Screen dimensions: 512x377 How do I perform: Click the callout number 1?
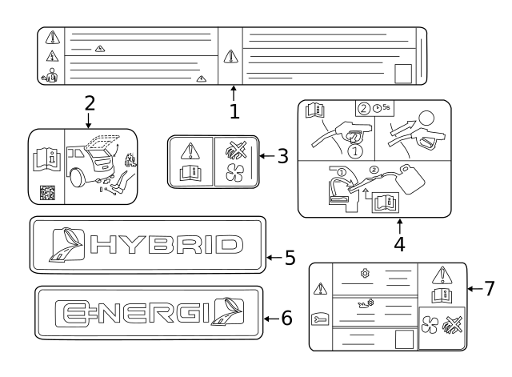pyautogui.click(x=234, y=111)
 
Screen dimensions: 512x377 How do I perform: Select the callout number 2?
pyautogui.click(x=90, y=103)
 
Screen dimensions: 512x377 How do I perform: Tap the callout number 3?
pyautogui.click(x=282, y=156)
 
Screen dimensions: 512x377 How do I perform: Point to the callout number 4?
pyautogui.click(x=399, y=244)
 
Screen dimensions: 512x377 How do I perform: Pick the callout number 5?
pyautogui.click(x=290, y=258)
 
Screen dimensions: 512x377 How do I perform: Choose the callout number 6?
pyautogui.click(x=286, y=319)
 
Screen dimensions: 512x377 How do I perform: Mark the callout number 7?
pyautogui.click(x=489, y=289)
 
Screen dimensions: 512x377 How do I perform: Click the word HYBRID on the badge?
pyautogui.click(x=166, y=244)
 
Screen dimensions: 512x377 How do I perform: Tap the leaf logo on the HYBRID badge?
pyautogui.click(x=66, y=244)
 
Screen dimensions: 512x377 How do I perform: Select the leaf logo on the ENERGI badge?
pyautogui.click(x=227, y=311)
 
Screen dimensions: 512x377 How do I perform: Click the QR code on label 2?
pyautogui.click(x=47, y=193)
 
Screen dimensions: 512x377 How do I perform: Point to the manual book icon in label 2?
pyautogui.click(x=47, y=159)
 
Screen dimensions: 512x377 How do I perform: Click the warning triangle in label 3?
pyautogui.click(x=190, y=151)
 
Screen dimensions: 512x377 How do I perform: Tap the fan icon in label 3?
pyautogui.click(x=234, y=172)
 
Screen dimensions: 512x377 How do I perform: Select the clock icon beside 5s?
pyautogui.click(x=377, y=108)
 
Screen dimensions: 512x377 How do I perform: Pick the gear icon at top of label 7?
pyautogui.click(x=365, y=273)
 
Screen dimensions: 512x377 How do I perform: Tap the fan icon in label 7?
pyautogui.click(x=429, y=324)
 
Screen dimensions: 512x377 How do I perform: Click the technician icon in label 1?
pyautogui.click(x=50, y=75)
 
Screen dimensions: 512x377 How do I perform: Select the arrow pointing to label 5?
pyautogui.click(x=274, y=258)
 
